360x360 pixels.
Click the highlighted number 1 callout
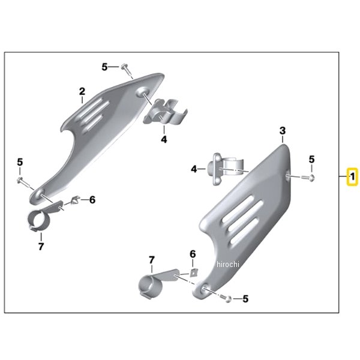click(352, 177)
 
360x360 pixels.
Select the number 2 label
click(82, 91)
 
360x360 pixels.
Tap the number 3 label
click(283, 131)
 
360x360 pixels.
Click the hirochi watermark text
click(228, 264)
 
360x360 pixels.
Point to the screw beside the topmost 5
click(127, 70)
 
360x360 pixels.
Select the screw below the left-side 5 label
click(23, 182)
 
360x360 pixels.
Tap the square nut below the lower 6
click(194, 273)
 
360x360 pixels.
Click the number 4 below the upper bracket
click(164, 139)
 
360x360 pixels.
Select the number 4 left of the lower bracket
click(194, 169)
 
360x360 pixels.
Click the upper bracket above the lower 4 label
click(166, 112)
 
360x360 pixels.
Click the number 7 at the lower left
click(41, 247)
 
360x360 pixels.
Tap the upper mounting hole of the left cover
click(143, 92)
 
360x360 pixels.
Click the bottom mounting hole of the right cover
click(203, 289)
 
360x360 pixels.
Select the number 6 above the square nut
click(193, 254)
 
